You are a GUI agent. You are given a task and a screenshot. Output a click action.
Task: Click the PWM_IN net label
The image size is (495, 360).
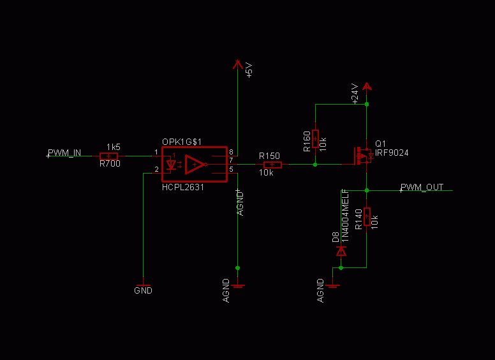[x=64, y=153]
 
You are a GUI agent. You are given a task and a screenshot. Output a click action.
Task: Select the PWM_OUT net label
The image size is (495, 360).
[x=422, y=188]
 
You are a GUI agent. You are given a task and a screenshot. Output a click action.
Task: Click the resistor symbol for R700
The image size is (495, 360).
[x=109, y=156]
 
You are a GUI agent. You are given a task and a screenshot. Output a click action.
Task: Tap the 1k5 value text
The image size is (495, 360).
[x=114, y=147]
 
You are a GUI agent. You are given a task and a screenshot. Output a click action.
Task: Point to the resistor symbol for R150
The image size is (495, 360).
[x=272, y=165]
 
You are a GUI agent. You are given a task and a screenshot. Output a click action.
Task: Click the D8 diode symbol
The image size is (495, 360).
[x=341, y=251]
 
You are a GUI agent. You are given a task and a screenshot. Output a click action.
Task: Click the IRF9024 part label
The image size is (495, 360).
[x=392, y=153]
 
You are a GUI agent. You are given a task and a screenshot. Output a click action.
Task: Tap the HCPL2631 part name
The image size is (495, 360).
[x=183, y=188]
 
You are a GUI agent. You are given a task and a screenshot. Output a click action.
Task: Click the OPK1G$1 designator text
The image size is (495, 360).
[x=182, y=142]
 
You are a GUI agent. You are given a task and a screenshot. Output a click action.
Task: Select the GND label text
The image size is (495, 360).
[x=144, y=290]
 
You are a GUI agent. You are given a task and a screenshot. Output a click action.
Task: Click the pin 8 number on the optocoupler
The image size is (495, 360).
[x=232, y=152]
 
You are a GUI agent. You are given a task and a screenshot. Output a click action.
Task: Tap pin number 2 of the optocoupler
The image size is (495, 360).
[x=156, y=170]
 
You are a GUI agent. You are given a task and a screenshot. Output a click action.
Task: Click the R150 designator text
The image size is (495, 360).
[x=269, y=156]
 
